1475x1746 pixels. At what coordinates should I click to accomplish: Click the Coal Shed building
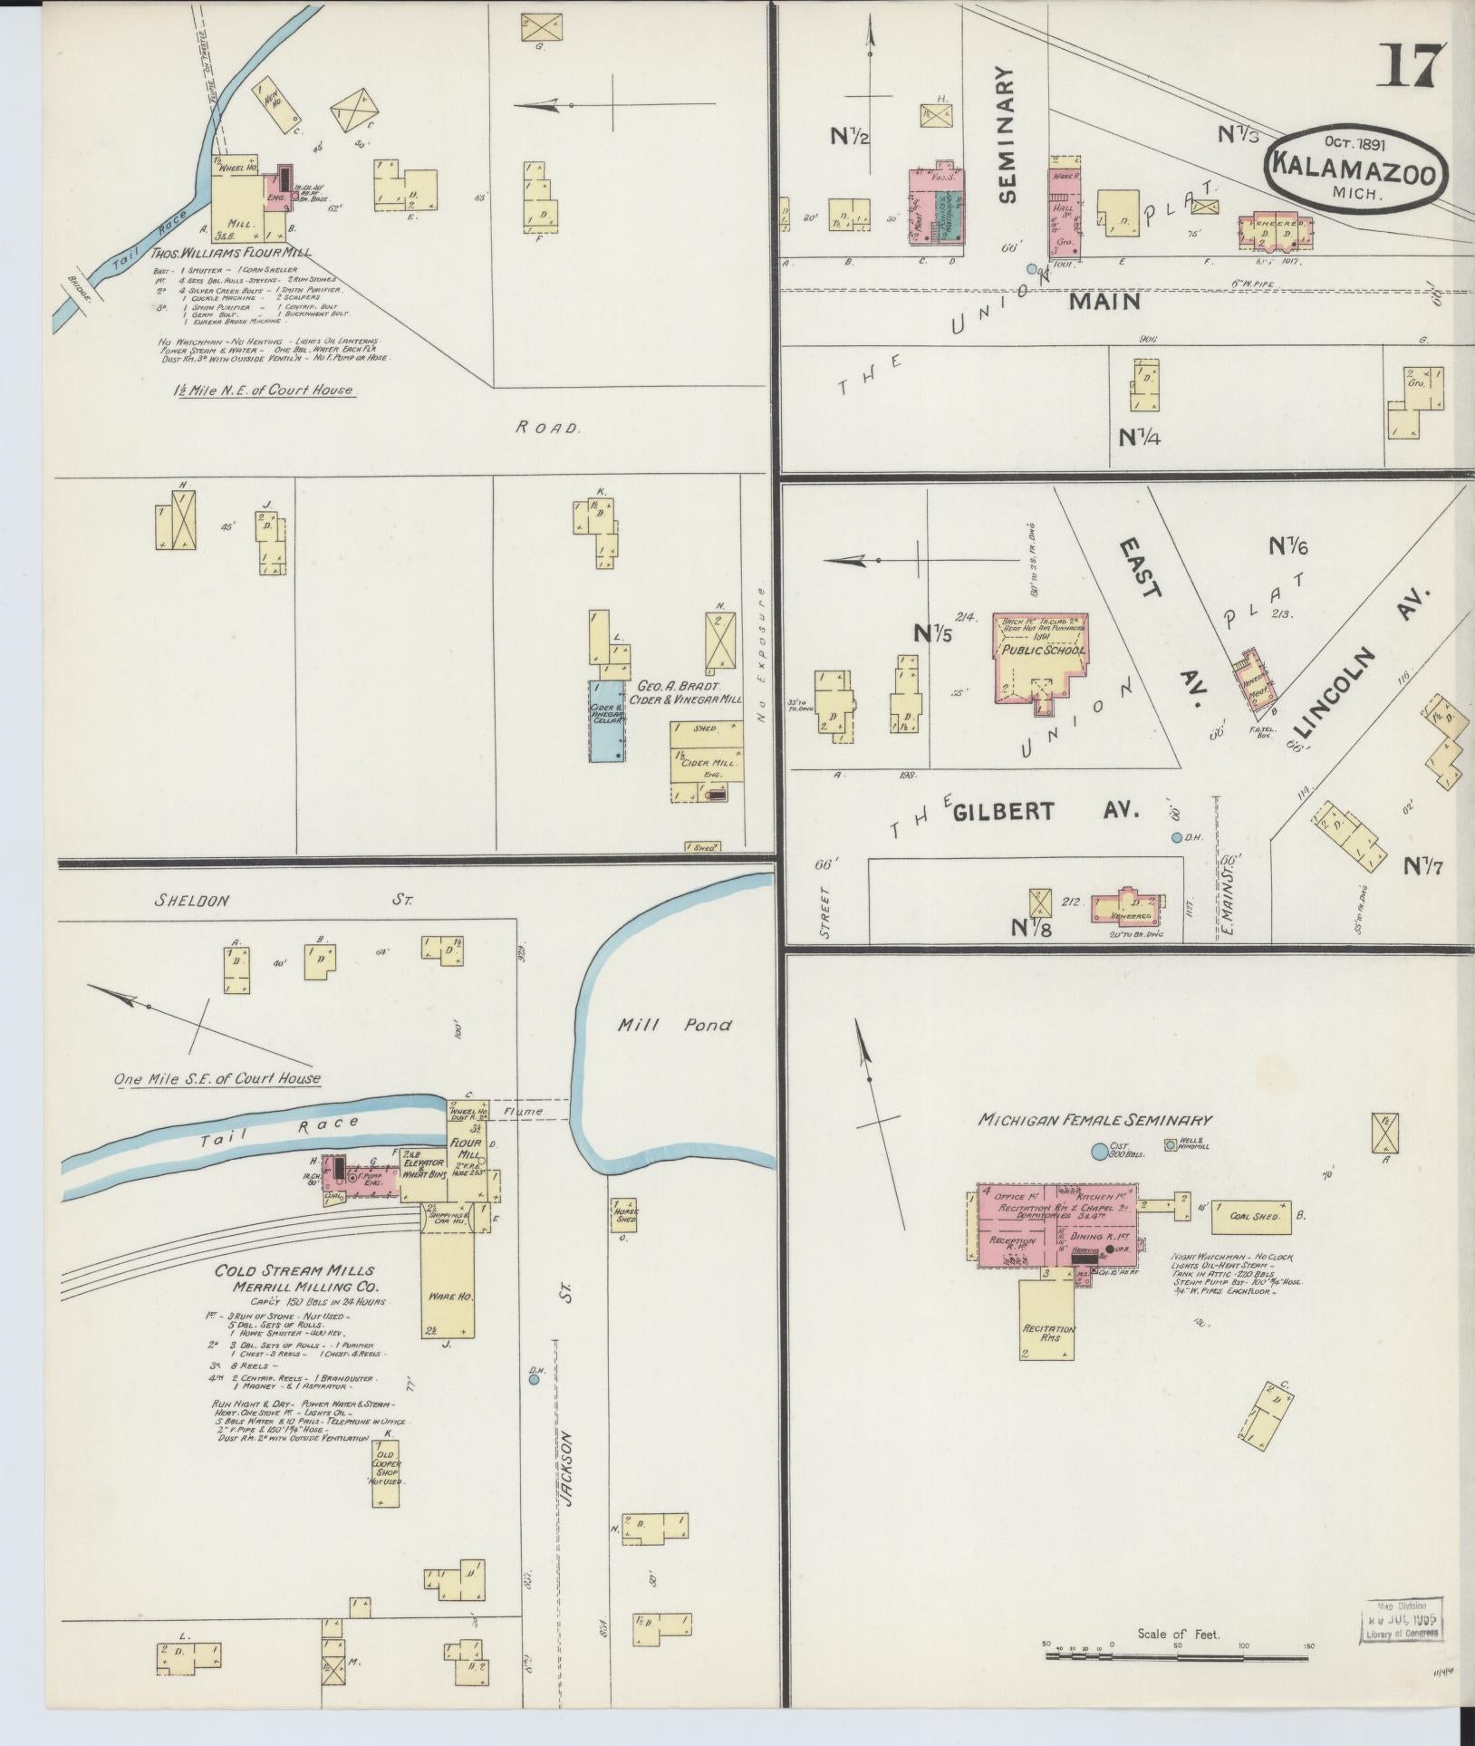click(x=1251, y=1217)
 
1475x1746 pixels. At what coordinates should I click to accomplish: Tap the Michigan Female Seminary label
click(x=1094, y=1120)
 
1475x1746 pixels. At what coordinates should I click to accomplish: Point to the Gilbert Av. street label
click(x=1045, y=811)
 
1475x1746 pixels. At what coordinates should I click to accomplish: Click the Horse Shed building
click(x=624, y=1217)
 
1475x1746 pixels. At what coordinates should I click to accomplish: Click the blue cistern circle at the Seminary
click(x=1099, y=1152)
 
